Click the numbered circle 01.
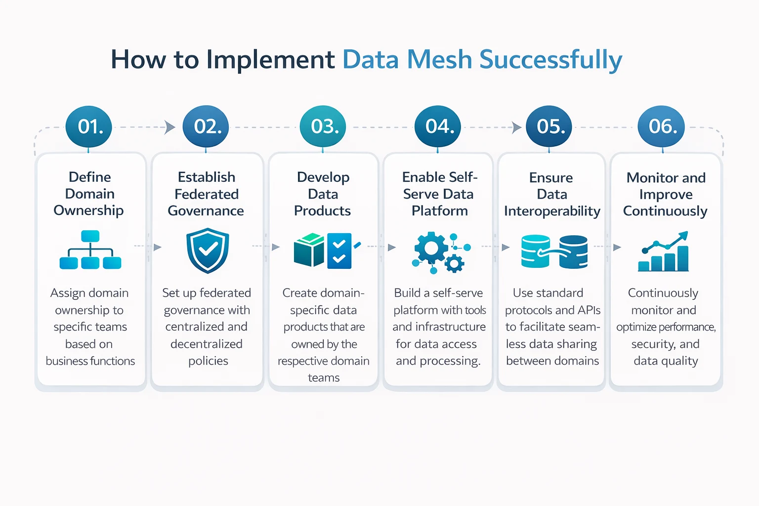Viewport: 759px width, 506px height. tap(89, 127)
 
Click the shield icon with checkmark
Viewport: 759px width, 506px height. tap(207, 250)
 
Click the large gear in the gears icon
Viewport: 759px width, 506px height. tap(431, 247)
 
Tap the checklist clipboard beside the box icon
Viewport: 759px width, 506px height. tap(339, 251)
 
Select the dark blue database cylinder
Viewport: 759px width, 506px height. tap(573, 252)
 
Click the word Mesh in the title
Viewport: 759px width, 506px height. tap(439, 60)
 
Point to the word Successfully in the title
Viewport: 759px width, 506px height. tap(550, 60)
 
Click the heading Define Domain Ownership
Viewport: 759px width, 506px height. tap(89, 194)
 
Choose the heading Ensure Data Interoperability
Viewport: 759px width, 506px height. tap(551, 194)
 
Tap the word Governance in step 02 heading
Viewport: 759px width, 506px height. tap(206, 211)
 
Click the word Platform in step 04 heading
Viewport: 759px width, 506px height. tap(439, 211)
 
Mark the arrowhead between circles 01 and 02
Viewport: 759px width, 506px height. tap(170, 127)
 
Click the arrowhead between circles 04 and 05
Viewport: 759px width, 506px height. tap(516, 127)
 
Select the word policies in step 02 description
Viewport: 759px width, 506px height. tap(208, 361)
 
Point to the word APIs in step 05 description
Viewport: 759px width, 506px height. tap(588, 310)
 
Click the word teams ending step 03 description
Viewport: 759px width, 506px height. tap(324, 378)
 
